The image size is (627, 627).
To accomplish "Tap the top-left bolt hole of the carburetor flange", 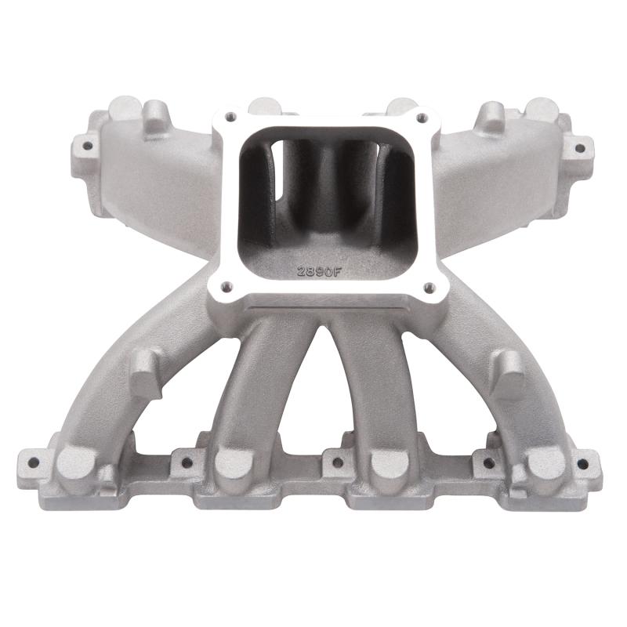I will pos(230,117).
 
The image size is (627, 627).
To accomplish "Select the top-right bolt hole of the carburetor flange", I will pos(422,118).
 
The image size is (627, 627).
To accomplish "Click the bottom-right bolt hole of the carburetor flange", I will pos(429,288).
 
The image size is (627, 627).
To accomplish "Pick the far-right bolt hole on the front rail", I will pos(582,462).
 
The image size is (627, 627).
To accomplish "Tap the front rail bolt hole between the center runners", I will pos(337,462).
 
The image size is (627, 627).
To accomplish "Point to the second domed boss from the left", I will pos(233,462).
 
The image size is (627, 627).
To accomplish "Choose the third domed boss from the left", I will pos(387,462).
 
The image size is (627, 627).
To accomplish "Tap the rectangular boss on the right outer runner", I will pos(509,372).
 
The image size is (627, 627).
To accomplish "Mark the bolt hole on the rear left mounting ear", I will pos(85,145).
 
